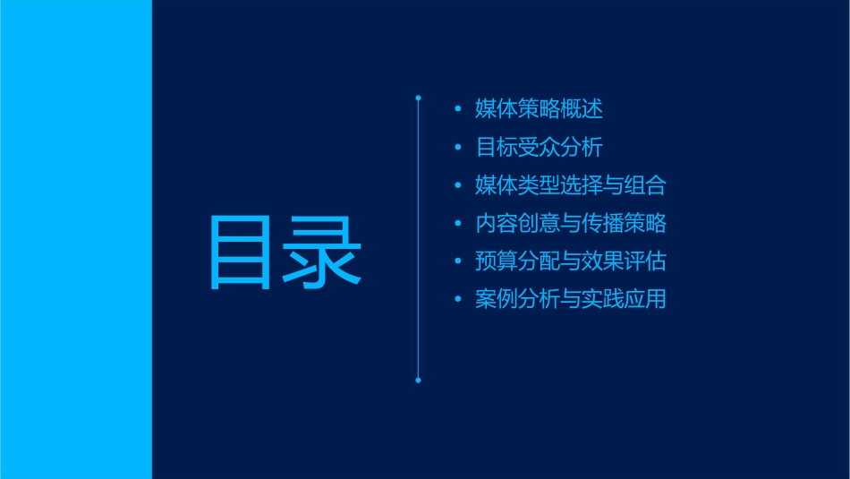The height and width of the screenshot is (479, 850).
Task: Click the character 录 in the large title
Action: click(x=323, y=252)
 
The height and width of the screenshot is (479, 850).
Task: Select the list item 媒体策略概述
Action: click(x=540, y=109)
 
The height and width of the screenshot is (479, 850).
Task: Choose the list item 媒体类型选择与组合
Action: click(x=571, y=185)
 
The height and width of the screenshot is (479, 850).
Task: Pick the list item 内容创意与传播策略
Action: click(x=571, y=223)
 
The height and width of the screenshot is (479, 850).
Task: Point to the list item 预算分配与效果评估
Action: click(x=571, y=261)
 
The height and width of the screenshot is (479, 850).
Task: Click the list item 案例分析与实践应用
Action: click(x=571, y=299)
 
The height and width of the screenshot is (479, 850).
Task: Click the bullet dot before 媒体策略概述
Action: click(x=459, y=110)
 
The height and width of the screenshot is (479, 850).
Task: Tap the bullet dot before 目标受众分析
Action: click(x=459, y=148)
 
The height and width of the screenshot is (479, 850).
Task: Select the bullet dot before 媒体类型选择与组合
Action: click(x=459, y=186)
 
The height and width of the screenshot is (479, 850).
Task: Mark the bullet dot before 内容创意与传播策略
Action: click(x=459, y=224)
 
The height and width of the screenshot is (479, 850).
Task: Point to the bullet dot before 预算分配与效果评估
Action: click(x=459, y=262)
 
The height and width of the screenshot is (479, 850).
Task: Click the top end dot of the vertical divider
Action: click(x=419, y=97)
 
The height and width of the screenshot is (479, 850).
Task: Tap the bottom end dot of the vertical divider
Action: click(x=419, y=380)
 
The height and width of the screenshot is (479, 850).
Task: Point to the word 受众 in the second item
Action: click(x=540, y=147)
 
